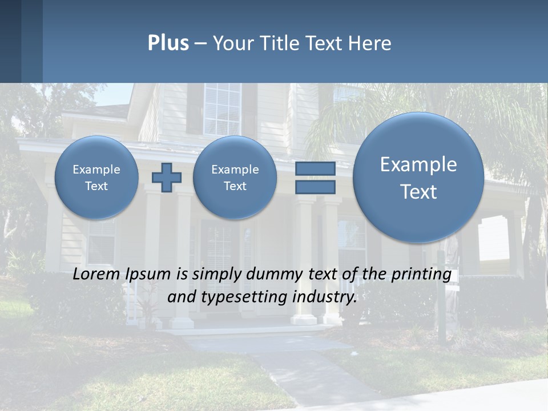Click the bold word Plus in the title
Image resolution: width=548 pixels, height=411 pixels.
(168, 43)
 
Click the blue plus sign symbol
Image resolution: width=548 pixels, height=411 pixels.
(167, 178)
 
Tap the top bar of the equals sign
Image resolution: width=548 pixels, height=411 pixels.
(315, 168)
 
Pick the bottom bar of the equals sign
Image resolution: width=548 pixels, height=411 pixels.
(315, 187)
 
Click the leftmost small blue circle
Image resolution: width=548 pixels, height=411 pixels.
(96, 178)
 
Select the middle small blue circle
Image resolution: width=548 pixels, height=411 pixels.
(235, 178)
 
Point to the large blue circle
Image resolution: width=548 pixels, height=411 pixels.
(418, 178)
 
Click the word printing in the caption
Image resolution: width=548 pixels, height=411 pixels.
(422, 275)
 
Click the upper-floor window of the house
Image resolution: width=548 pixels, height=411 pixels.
(223, 110)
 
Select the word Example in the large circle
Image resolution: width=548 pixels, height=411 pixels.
(418, 164)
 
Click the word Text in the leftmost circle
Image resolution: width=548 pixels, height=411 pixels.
(96, 186)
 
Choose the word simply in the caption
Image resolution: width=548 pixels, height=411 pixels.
(214, 275)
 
